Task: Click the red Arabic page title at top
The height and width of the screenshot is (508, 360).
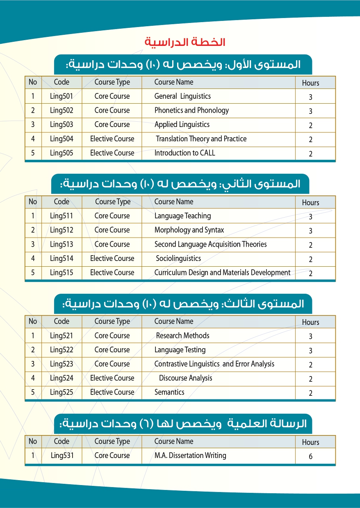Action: (x=185, y=42)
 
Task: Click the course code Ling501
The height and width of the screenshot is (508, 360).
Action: (x=62, y=96)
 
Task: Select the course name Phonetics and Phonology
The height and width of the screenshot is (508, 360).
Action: (x=191, y=110)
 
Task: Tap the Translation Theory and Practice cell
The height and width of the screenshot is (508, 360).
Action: (x=201, y=139)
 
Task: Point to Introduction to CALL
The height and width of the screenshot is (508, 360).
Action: (x=185, y=153)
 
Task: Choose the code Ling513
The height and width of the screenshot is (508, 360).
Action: (x=62, y=244)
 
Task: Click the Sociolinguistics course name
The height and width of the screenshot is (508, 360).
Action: (x=178, y=259)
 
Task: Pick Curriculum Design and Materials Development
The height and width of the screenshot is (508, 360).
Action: (x=222, y=272)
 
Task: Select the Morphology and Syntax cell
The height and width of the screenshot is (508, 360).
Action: (x=189, y=230)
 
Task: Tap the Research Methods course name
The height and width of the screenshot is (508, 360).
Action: (x=182, y=336)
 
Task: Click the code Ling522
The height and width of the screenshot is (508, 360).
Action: (x=62, y=350)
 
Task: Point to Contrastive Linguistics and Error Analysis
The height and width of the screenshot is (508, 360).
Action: (x=214, y=364)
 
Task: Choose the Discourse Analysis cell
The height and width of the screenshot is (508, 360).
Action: (x=185, y=378)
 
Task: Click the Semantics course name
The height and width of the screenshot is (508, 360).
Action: (x=169, y=392)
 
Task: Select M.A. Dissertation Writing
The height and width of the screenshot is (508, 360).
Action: (x=190, y=455)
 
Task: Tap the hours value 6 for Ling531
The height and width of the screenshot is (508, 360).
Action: (x=310, y=456)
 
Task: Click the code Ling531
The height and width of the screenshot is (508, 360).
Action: (x=62, y=455)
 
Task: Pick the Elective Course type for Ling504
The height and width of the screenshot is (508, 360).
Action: (x=112, y=139)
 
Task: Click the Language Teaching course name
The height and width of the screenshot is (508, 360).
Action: (x=182, y=216)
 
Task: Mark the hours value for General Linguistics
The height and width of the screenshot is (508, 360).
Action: (x=310, y=97)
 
